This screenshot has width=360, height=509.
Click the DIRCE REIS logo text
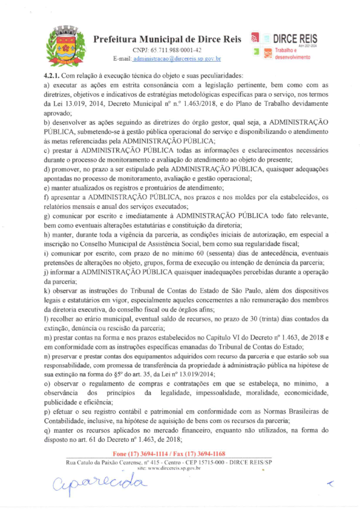pyautogui.click(x=299, y=38)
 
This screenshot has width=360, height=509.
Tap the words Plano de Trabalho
pyautogui.click(x=254, y=104)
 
